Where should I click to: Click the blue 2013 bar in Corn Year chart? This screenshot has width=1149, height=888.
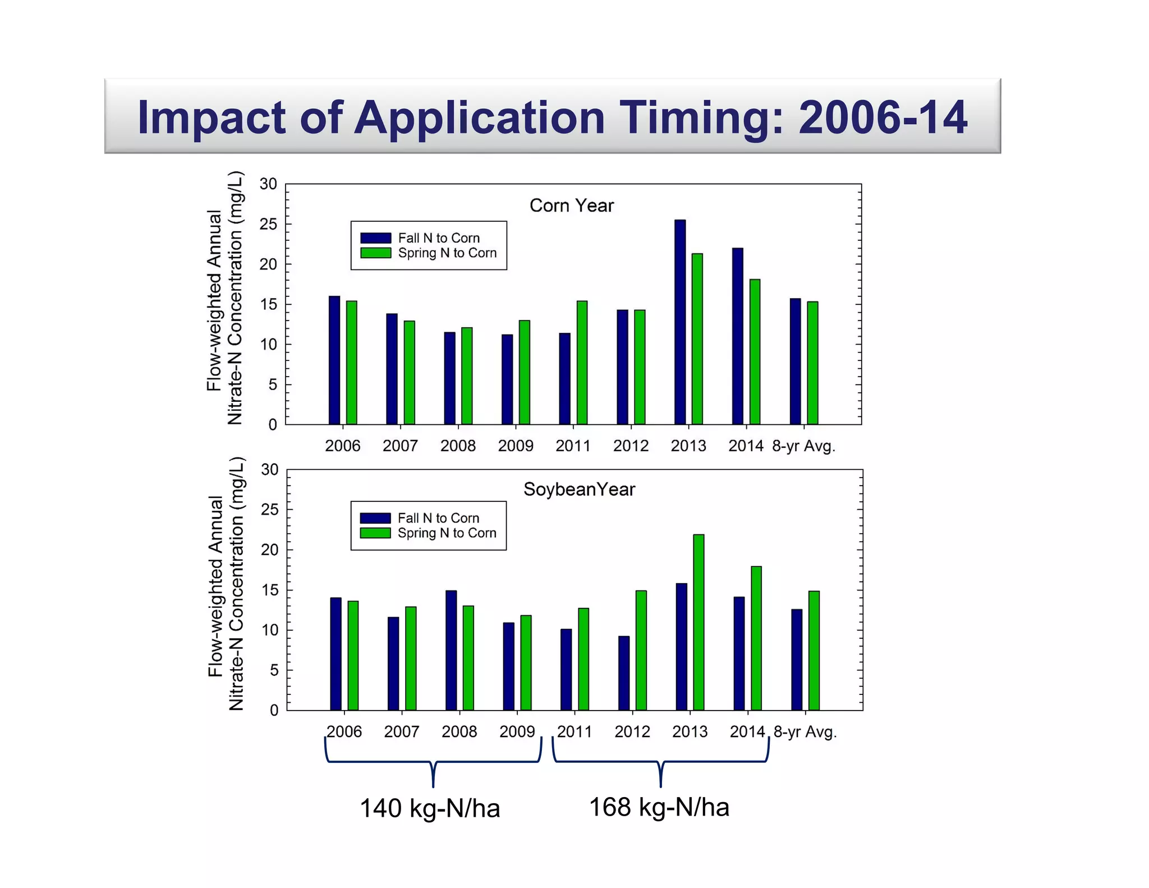(679, 322)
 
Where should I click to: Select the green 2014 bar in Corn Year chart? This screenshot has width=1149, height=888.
(755, 352)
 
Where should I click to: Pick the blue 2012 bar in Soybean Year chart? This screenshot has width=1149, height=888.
(624, 673)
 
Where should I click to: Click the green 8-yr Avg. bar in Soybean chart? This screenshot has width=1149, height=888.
(814, 651)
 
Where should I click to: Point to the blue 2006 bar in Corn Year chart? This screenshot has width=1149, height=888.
(334, 360)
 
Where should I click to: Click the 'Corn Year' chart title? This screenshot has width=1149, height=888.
(572, 205)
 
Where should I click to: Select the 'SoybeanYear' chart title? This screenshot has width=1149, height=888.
(579, 489)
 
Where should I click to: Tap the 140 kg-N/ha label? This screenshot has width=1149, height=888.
(430, 808)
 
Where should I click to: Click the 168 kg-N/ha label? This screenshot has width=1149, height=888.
(659, 807)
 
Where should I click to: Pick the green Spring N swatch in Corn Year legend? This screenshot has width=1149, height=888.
(375, 253)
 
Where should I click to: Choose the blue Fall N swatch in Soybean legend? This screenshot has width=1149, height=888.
(375, 518)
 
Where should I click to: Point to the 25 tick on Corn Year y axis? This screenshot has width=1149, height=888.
(268, 224)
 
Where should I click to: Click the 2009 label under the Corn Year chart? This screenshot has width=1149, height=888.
(515, 446)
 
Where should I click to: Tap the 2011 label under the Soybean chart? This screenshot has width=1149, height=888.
(574, 731)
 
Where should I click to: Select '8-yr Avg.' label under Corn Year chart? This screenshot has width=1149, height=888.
(803, 446)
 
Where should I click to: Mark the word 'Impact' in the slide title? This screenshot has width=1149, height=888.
(213, 117)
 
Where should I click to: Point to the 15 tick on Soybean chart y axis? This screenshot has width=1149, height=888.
(269, 590)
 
